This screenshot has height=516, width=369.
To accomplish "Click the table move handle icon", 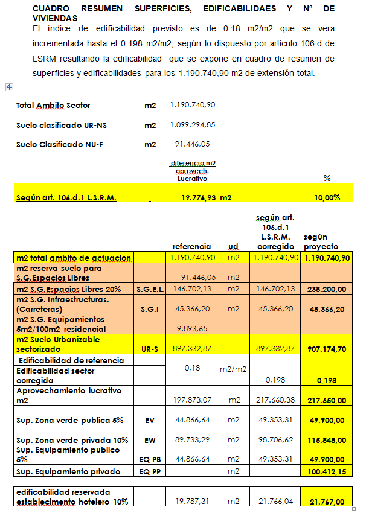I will tap(9, 87).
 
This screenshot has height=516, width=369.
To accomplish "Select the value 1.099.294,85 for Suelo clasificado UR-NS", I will tap(193, 125).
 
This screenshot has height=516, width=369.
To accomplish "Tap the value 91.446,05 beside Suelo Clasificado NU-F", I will tap(193, 144).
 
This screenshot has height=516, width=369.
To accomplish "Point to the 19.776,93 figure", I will tap(198, 197).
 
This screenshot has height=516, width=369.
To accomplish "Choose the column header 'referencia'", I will tap(191, 246).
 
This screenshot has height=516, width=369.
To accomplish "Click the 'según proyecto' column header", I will tap(320, 242).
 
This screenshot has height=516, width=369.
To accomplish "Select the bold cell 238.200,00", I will tap(327, 290).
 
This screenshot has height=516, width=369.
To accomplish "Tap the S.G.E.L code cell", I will tap(150, 290).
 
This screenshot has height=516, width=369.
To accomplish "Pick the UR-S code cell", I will tap(150, 349).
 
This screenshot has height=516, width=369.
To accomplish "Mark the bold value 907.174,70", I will tap(327, 349).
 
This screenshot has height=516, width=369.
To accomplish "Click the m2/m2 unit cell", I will tap(234, 368).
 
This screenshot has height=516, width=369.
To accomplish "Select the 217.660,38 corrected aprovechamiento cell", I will tap(275, 400).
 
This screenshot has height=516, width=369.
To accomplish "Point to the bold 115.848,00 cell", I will tap(327, 441).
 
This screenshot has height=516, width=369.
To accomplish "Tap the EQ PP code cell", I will tap(150, 471).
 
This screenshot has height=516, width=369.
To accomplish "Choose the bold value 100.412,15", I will tap(327, 471).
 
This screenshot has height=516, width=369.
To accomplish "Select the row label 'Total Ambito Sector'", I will tap(53, 106).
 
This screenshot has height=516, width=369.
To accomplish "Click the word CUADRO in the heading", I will tap(51, 9).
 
